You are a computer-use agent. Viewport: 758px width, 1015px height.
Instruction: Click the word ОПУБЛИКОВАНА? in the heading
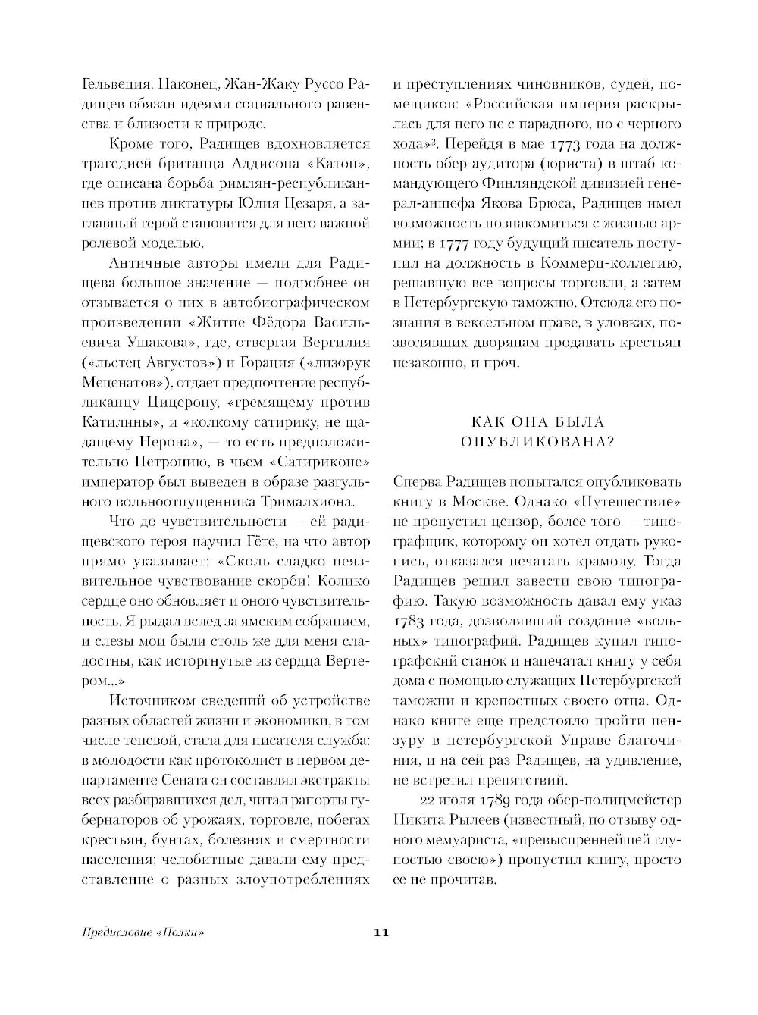(x=537, y=443)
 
